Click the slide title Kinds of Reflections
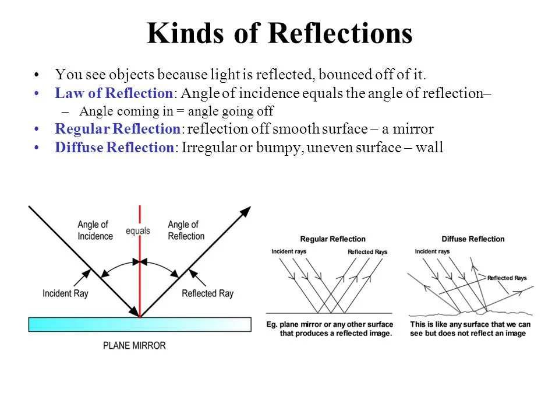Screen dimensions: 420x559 (x=279, y=34)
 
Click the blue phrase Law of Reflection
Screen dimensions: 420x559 (x=114, y=93)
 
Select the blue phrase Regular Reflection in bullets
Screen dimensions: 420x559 (x=118, y=129)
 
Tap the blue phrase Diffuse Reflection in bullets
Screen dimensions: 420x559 (x=114, y=148)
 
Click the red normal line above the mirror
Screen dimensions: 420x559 (x=140, y=280)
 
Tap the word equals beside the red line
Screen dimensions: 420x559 (x=138, y=231)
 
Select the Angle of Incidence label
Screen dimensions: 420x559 (x=94, y=230)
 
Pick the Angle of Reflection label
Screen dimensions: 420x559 (x=186, y=230)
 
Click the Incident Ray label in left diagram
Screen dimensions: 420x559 (x=65, y=293)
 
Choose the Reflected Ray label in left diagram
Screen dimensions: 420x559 (x=207, y=293)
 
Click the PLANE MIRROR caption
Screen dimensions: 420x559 (x=135, y=345)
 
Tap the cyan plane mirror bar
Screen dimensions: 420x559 (x=140, y=324)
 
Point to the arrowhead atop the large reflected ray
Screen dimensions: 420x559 (x=246, y=211)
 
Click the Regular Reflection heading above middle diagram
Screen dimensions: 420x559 (x=332, y=239)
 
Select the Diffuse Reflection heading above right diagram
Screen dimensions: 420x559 (x=473, y=239)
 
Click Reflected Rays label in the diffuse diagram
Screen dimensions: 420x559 (x=507, y=278)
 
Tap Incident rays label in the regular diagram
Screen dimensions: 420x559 (x=289, y=251)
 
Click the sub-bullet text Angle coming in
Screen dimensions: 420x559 (x=176, y=111)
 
